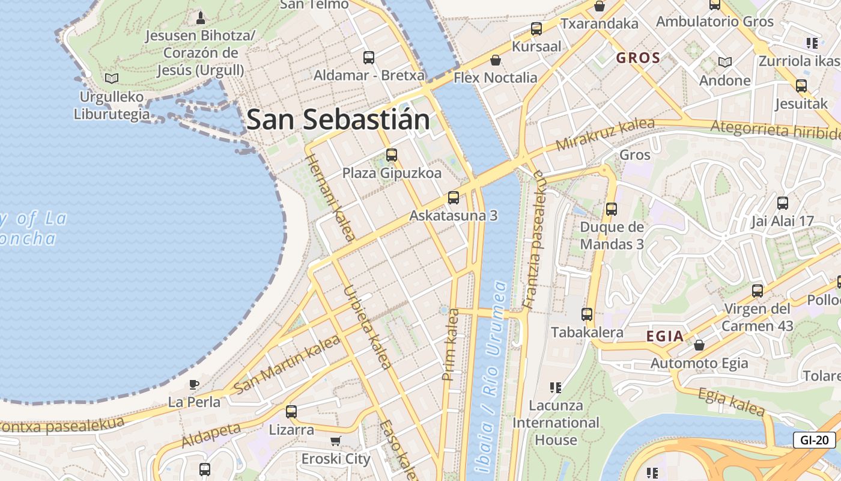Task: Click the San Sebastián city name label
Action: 338,120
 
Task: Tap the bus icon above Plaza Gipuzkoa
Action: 392,155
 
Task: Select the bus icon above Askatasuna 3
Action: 454,198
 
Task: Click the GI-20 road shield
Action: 814,440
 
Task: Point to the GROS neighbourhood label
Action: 638,58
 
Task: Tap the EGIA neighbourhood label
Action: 665,337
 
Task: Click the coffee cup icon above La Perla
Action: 193,384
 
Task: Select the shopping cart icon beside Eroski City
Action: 336,441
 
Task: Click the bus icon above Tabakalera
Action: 586,314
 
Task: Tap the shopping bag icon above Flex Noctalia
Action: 496,60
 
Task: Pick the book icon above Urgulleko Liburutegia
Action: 111,78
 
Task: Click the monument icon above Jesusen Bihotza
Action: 201,17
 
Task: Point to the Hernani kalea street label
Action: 330,197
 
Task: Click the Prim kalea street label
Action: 451,345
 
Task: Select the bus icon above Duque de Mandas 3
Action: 612,209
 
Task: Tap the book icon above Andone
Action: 725,62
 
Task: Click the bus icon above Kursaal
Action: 536,29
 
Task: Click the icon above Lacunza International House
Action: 556,387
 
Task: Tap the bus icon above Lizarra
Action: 291,412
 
